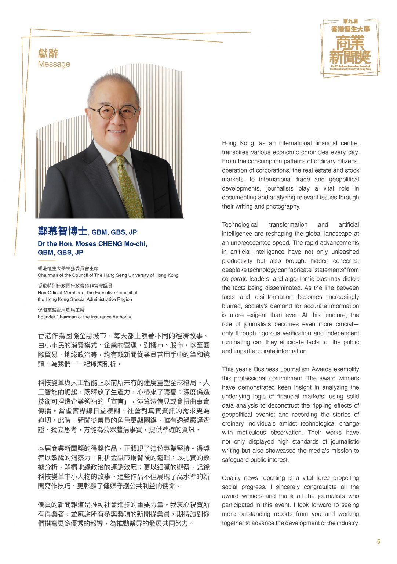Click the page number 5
point(378,542)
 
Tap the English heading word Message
point(54,64)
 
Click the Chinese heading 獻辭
point(48,53)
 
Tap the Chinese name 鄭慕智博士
point(62,231)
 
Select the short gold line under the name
point(46,261)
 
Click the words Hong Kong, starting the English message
point(234,143)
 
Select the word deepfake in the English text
point(234,270)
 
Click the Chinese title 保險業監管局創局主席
point(61,310)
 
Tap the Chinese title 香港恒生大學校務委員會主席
point(68,268)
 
